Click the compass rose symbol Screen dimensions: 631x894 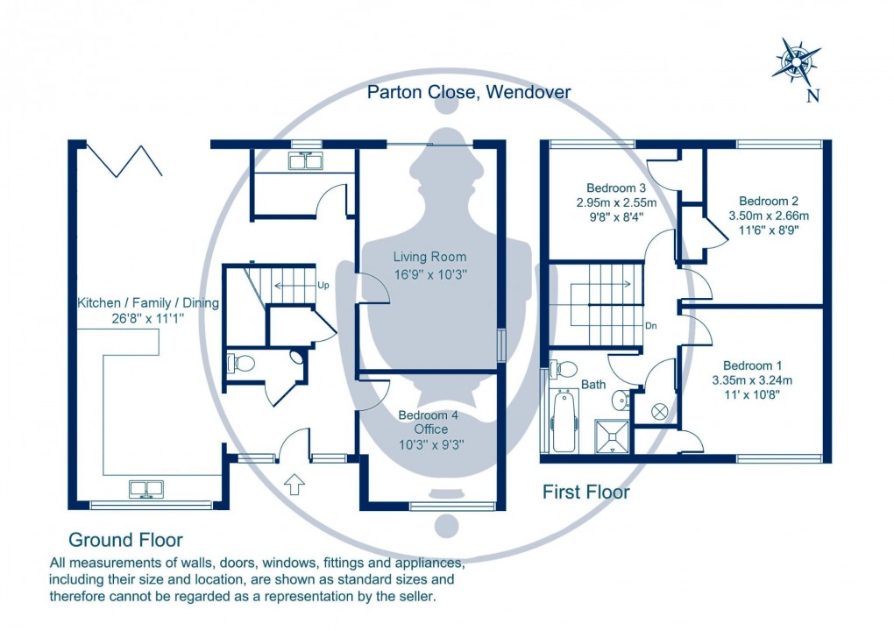coord(797,60)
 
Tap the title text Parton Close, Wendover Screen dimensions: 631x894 coord(469,92)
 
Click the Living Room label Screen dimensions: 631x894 coord(429,257)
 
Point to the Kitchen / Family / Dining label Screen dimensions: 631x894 coord(148,303)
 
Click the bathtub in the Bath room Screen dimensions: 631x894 coord(563,422)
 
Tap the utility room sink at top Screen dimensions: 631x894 coord(306,160)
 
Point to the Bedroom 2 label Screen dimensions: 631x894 coord(768,200)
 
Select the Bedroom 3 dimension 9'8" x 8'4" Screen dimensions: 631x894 coord(616,217)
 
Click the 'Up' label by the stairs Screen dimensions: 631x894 coord(323,286)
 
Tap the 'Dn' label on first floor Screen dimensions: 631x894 coord(651,325)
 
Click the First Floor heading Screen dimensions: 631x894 coord(585,493)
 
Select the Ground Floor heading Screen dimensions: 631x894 coord(125,540)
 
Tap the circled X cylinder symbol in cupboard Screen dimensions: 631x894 coord(660,410)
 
